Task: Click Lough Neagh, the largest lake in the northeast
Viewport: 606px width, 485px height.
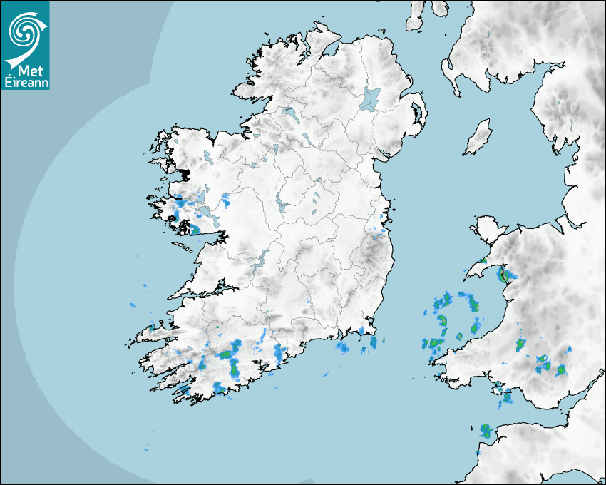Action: click(371, 98)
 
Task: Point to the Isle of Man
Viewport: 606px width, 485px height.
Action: click(478, 137)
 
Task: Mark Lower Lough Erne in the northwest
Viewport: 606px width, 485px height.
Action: click(289, 113)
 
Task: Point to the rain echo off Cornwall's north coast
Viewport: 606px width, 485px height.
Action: click(486, 430)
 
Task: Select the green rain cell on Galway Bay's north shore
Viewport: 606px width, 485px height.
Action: click(195, 230)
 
